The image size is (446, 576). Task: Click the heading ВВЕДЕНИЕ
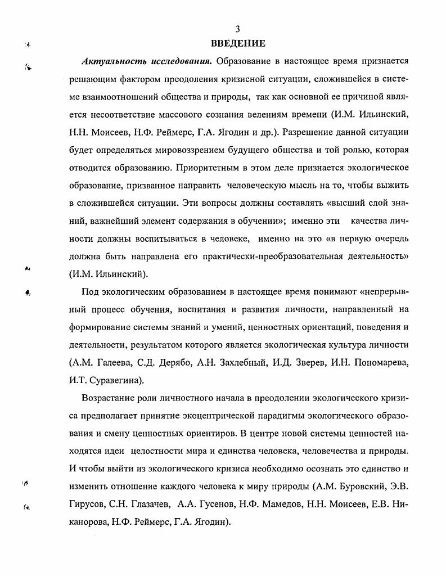coord(238,43)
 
